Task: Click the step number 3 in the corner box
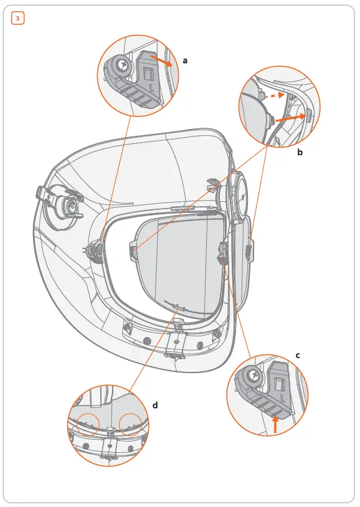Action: [17, 19]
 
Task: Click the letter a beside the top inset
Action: [185, 60]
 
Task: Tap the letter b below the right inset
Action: [300, 151]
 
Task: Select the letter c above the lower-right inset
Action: [298, 355]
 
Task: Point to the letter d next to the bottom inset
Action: [155, 405]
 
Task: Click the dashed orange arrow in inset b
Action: [272, 97]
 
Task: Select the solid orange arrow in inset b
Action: [289, 117]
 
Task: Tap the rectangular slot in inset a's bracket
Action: [148, 74]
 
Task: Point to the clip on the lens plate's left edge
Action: [133, 250]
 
